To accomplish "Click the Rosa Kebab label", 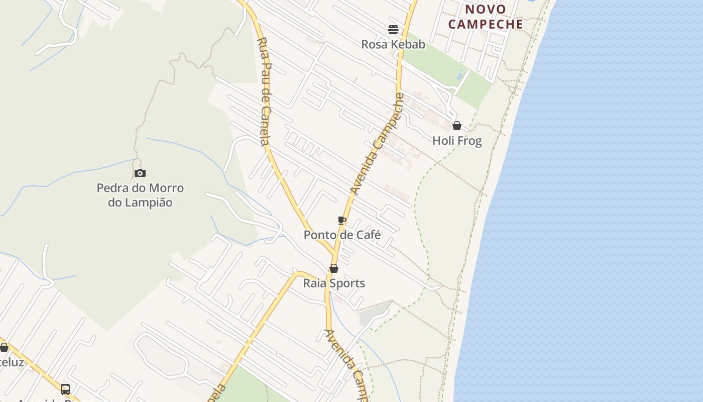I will click(x=393, y=44).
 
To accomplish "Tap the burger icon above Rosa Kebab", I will click(x=393, y=30).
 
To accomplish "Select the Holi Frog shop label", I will click(x=457, y=141).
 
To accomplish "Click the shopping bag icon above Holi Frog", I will click(x=457, y=126).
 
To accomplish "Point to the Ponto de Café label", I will click(x=342, y=235).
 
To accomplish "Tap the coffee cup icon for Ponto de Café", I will click(x=342, y=220).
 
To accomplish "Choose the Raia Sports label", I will click(x=334, y=283).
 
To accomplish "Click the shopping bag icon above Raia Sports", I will click(x=334, y=268).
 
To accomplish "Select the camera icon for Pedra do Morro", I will click(x=140, y=173).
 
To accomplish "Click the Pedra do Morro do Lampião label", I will click(x=140, y=195).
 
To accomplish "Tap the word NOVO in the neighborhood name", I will click(x=485, y=9).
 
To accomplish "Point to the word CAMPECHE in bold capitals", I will click(x=486, y=24).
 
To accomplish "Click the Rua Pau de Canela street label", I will click(x=265, y=90).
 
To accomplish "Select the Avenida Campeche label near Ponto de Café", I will click(x=377, y=144).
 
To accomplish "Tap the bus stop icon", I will click(x=65, y=389).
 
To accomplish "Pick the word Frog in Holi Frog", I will click(x=469, y=141).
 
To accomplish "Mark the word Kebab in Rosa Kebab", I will click(x=407, y=44).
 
